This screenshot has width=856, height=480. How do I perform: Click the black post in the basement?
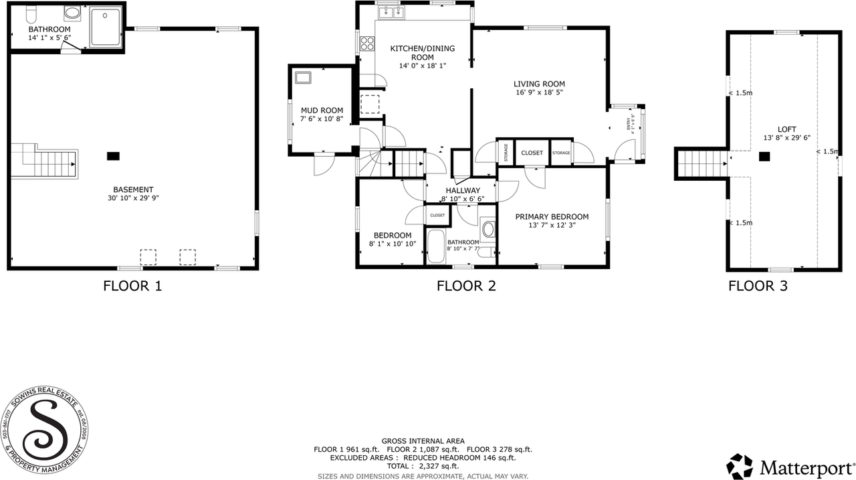[x=113, y=156]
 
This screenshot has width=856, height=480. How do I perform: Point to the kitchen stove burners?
[x=367, y=44]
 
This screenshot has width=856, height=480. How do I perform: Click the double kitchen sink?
[x=391, y=13]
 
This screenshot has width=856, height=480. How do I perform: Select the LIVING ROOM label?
[x=539, y=84]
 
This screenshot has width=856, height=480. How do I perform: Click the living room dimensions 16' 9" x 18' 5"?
[x=539, y=92]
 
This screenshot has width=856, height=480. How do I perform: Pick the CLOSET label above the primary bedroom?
[x=532, y=153]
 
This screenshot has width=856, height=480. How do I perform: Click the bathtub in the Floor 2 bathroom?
[x=435, y=246]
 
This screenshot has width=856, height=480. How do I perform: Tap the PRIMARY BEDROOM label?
[x=552, y=217]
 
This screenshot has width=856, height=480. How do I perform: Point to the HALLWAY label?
[x=463, y=191]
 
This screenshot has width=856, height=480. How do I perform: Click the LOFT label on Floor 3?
[x=787, y=129]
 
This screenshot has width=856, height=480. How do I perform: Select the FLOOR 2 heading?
[x=466, y=287]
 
